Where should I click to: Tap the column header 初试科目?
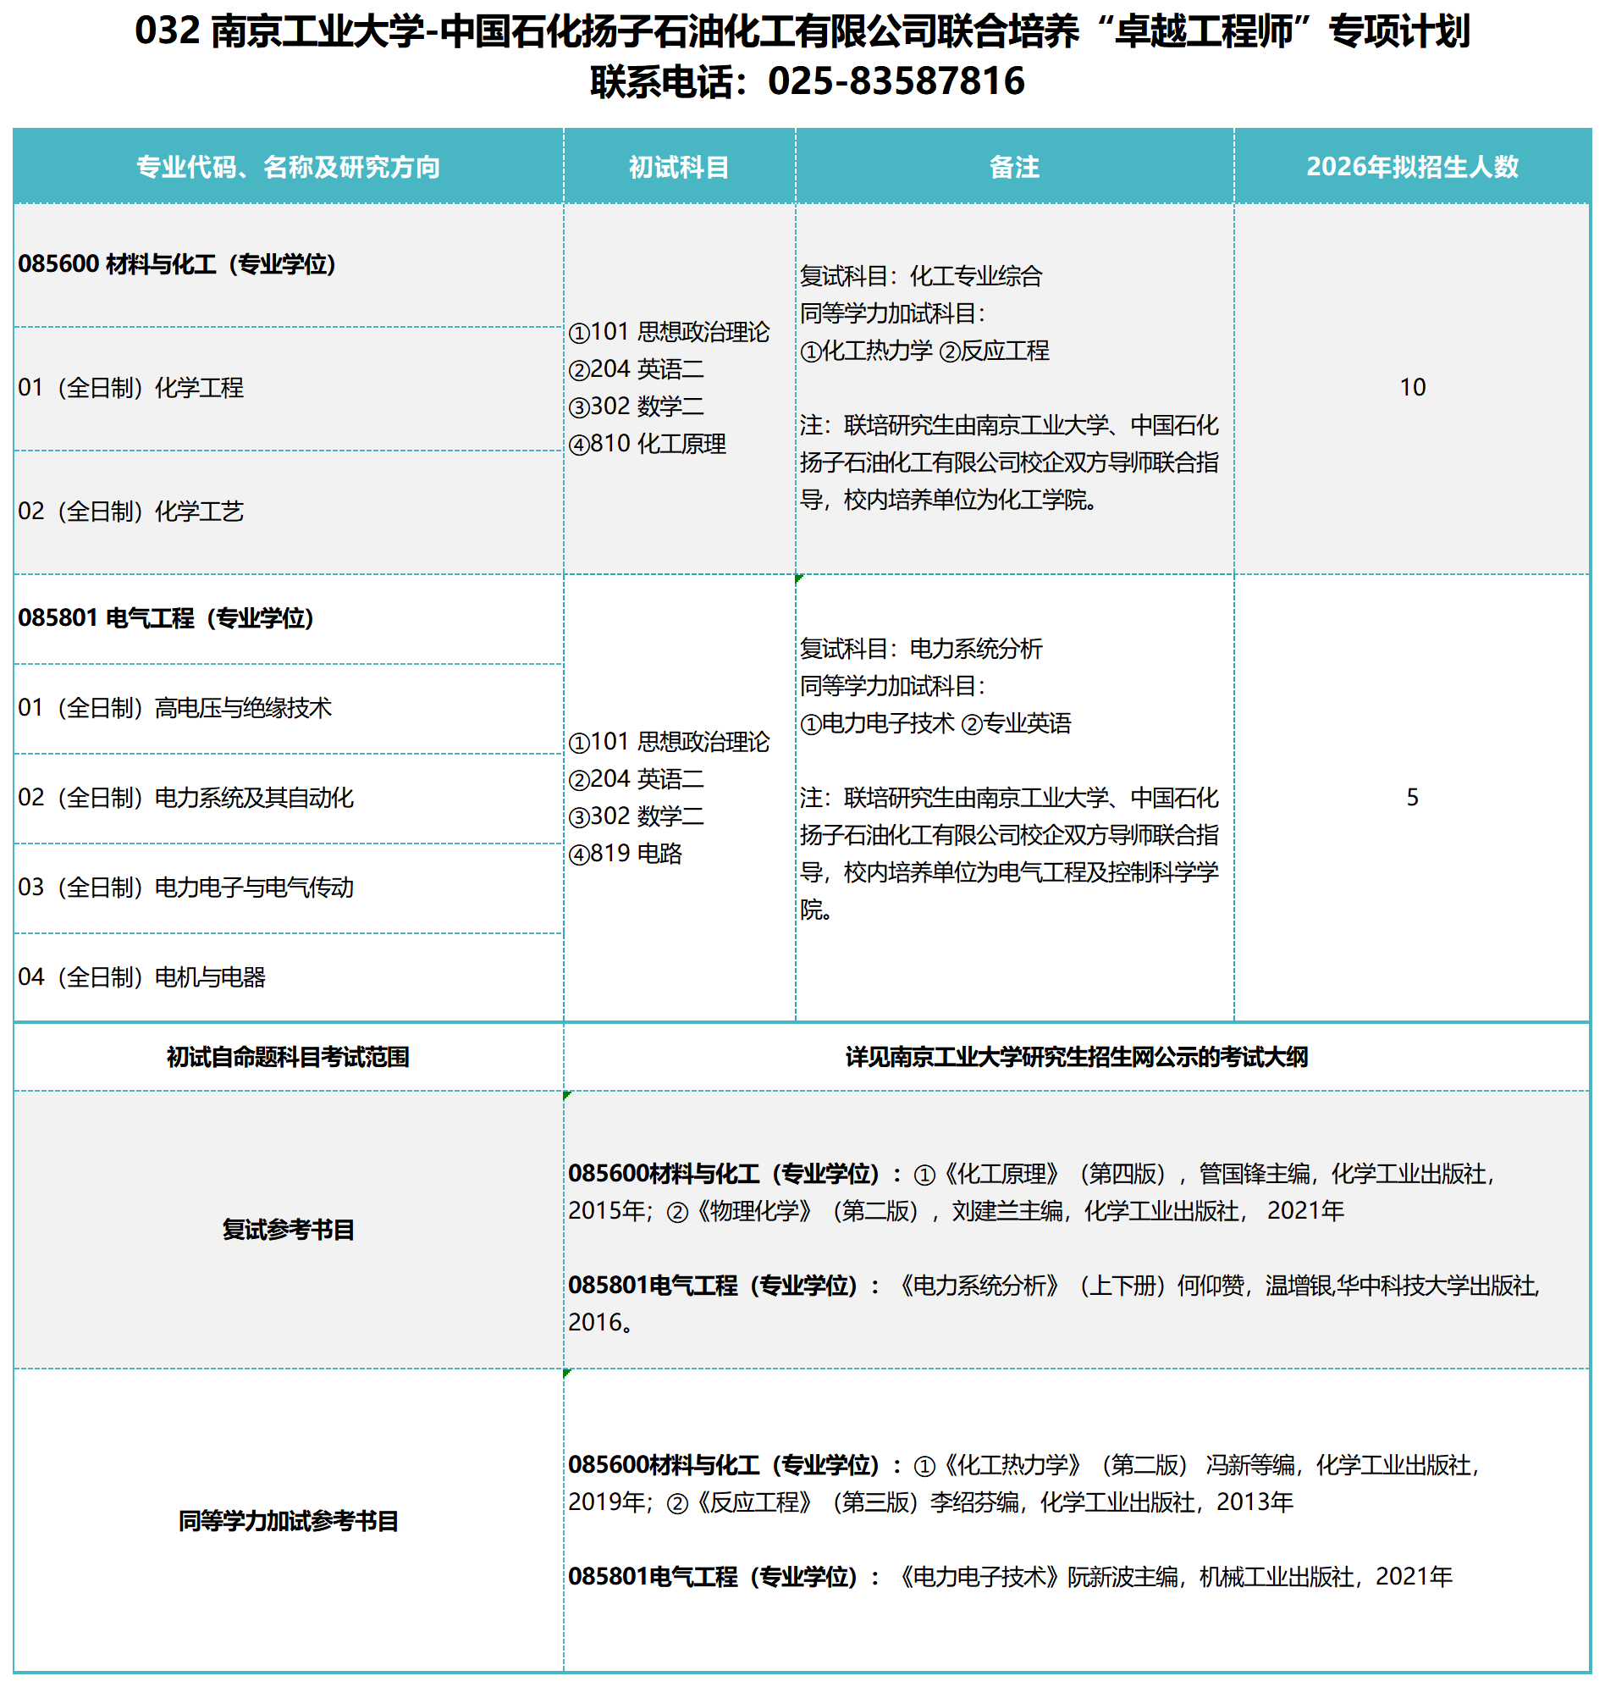click(x=678, y=167)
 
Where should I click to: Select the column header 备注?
click(x=1014, y=167)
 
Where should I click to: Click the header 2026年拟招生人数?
click(x=1412, y=167)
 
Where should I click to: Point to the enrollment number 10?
click(x=1412, y=388)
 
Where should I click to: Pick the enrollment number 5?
click(x=1412, y=798)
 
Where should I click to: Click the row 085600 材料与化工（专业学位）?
click(x=177, y=264)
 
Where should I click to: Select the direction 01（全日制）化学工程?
click(x=131, y=389)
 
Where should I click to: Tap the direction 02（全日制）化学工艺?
click(x=131, y=512)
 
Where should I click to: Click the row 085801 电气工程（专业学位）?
click(x=166, y=619)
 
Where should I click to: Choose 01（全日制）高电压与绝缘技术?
click(x=174, y=709)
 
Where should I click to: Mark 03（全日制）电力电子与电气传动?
click(x=185, y=888)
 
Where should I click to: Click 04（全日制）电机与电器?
click(x=142, y=977)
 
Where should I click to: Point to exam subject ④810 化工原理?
click(x=647, y=445)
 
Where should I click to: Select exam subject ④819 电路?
click(x=626, y=855)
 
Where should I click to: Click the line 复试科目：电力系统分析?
click(x=920, y=650)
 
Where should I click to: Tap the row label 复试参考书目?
click(x=289, y=1230)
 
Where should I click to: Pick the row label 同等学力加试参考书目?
click(x=289, y=1521)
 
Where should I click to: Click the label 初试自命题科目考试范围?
click(x=289, y=1058)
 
